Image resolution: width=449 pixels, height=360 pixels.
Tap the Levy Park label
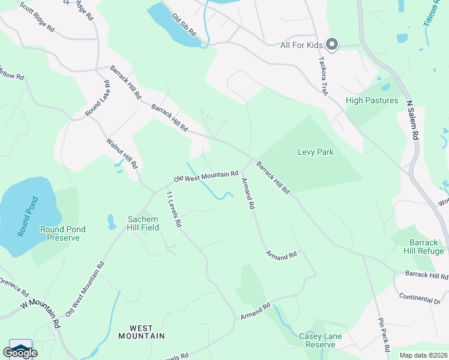[315, 152]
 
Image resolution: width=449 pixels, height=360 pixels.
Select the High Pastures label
[372, 100]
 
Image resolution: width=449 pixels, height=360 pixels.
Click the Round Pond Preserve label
[63, 233]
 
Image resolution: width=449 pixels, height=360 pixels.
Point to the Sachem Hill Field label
[143, 223]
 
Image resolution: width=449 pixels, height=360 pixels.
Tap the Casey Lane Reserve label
[320, 340]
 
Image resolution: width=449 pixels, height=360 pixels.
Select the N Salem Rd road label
[412, 120]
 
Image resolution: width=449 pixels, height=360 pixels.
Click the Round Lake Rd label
[96, 98]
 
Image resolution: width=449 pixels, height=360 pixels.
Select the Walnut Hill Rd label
[123, 153]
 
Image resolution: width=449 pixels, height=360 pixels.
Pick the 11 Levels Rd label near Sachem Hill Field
[173, 209]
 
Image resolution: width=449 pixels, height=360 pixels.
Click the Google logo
[20, 352]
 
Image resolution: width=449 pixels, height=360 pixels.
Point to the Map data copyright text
[423, 355]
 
